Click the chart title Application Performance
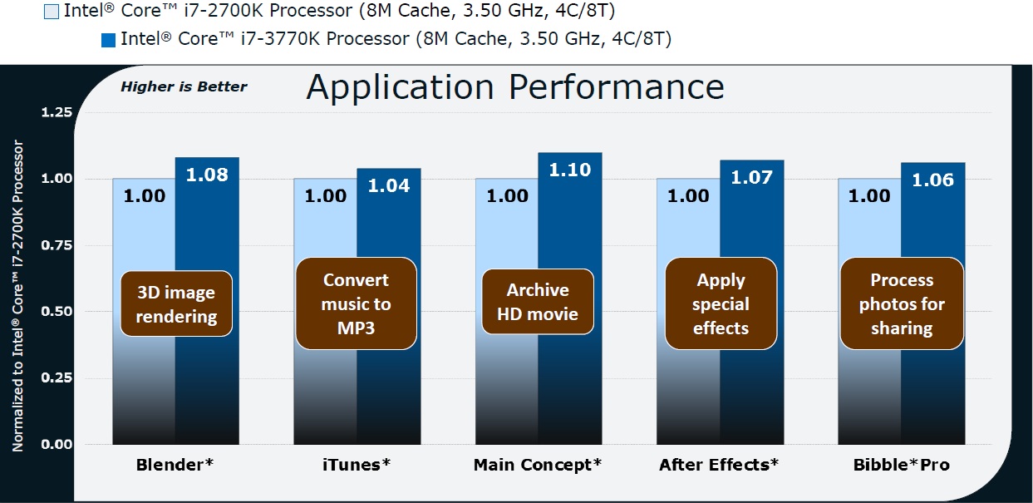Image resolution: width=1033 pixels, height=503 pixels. [x=515, y=88]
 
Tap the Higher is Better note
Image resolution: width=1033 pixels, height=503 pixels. [x=184, y=86]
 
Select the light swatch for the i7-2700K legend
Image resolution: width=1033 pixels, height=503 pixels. [x=52, y=12]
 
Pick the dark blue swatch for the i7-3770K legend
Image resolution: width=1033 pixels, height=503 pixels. [x=108, y=40]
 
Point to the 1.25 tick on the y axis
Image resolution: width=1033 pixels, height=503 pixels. [x=57, y=112]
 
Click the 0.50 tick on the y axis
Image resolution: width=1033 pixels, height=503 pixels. [x=57, y=312]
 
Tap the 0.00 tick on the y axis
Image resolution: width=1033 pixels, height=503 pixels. [x=57, y=445]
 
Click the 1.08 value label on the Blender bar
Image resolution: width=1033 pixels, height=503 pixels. [x=207, y=175]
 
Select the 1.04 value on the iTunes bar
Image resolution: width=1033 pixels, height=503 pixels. [x=389, y=186]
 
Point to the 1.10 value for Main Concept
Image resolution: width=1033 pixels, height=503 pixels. [x=570, y=170]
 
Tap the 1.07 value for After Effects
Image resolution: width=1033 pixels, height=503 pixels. [x=752, y=178]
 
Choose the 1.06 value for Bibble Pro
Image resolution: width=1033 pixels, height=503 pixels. [x=933, y=180]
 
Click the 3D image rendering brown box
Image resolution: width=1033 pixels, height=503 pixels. [x=176, y=303]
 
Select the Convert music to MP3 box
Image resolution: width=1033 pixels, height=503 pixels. [x=356, y=303]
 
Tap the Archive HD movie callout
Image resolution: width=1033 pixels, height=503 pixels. [x=538, y=302]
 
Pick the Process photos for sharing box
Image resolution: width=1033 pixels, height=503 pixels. [x=902, y=303]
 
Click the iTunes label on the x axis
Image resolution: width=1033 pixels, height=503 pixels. [x=357, y=465]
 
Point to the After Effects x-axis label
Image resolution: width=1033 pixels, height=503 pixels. [x=719, y=465]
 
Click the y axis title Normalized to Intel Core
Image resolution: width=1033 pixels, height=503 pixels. [x=17, y=296]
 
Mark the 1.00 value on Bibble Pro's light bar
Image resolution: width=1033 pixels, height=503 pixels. [x=869, y=196]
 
